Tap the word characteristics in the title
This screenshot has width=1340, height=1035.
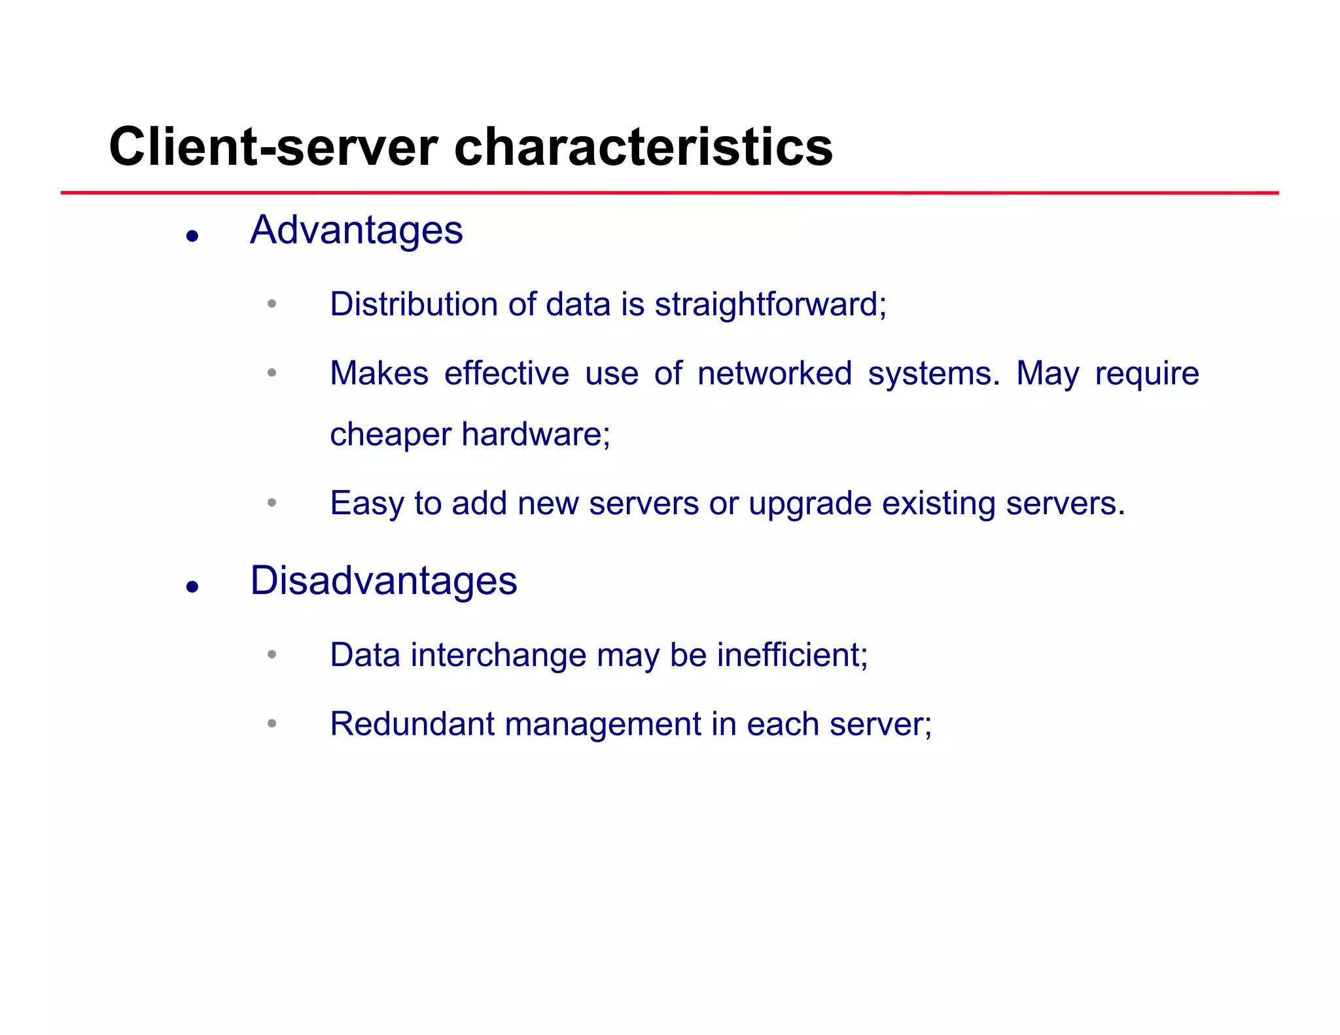pos(643,147)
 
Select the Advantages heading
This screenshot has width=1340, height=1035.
pos(357,230)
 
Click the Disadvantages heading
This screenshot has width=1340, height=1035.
pos(383,581)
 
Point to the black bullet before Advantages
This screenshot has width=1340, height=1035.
pos(192,236)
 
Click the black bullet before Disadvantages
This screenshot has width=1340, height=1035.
pos(192,587)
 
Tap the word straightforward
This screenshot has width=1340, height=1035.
pos(770,304)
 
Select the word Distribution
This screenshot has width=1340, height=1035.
pos(414,304)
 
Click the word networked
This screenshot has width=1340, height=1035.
pos(775,374)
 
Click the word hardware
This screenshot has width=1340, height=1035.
pos(535,434)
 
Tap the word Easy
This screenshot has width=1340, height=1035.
pos(367,504)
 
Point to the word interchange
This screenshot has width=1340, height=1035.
pos(499,656)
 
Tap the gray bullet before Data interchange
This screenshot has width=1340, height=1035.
pos(272,654)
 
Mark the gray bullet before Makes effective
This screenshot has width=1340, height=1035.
pos(272,373)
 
